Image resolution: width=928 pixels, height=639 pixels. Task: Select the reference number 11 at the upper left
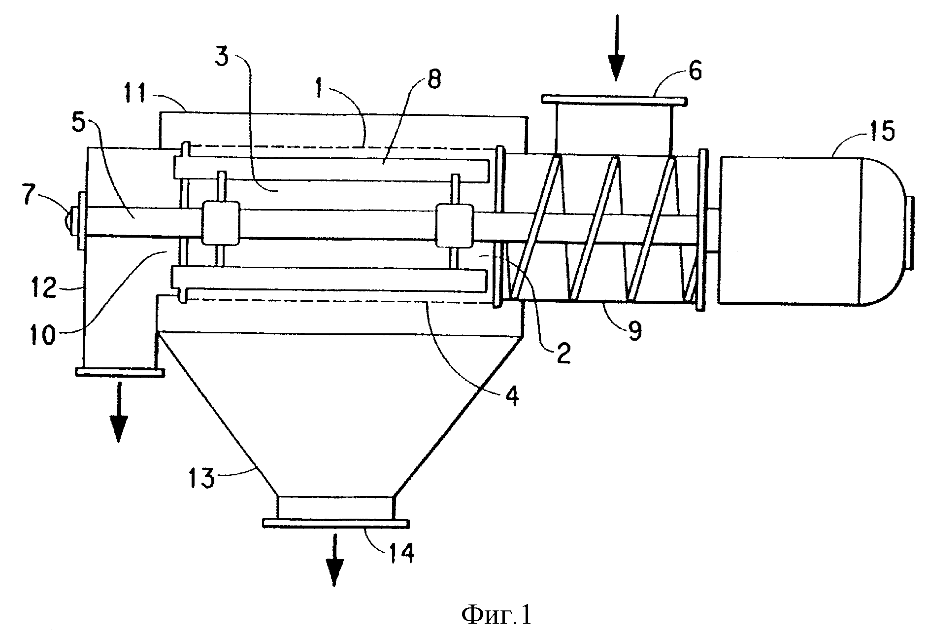tap(147, 94)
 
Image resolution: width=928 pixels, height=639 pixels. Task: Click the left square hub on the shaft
tap(221, 223)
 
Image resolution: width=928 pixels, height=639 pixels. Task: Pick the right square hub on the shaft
tap(455, 225)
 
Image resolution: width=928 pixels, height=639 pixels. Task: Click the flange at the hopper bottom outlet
tap(335, 523)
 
